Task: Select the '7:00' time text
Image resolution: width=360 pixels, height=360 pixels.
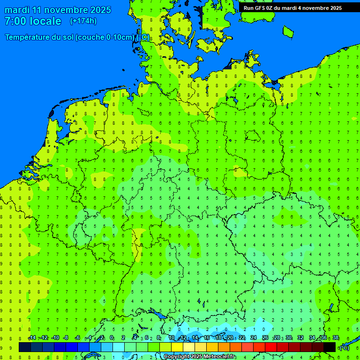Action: pos(15,21)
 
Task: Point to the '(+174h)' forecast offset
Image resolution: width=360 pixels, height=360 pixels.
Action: pos(83,21)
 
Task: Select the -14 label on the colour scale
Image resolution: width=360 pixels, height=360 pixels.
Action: pos(32,338)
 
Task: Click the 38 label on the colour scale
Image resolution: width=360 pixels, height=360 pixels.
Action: pos(336,338)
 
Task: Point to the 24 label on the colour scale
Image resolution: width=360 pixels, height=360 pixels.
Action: pos(254,338)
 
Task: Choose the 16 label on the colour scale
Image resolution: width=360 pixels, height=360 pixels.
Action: pos(207,338)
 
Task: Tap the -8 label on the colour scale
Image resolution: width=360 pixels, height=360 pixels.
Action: pos(67,338)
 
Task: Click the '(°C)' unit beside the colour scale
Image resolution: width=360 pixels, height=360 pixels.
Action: pos(345,347)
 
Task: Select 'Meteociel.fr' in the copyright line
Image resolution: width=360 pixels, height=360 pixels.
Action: pos(220,357)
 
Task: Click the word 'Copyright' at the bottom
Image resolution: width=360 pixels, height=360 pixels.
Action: pos(176,357)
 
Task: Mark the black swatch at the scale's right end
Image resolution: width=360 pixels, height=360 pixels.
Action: pos(330,347)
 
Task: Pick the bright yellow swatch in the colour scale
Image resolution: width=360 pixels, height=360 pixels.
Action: pos(177,347)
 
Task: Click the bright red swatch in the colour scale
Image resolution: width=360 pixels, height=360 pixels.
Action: pos(271,347)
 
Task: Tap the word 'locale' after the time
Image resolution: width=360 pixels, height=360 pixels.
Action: pos(46,21)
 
